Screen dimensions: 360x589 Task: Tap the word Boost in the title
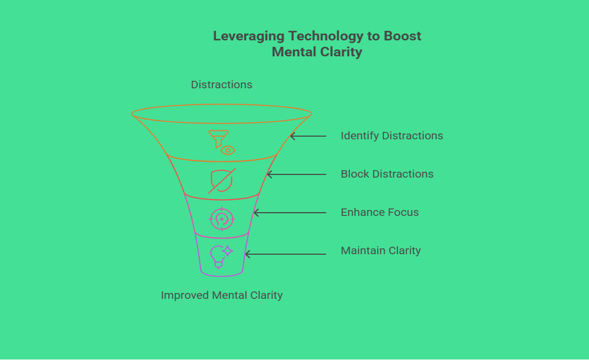[x=402, y=36]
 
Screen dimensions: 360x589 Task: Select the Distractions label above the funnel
[x=221, y=84]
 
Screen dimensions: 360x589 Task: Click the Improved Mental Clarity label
[x=221, y=295]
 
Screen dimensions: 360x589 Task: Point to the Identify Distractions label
[x=392, y=136]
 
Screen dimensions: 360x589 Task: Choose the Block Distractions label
[x=387, y=174]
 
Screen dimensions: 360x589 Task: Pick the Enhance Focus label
[x=379, y=212]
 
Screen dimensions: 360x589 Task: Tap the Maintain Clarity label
[x=380, y=251]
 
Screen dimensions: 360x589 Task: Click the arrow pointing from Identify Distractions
[x=308, y=136]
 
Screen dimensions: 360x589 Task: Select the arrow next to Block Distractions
[x=297, y=174]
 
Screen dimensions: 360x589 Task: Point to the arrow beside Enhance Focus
[x=289, y=213]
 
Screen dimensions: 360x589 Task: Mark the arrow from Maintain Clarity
[x=285, y=254]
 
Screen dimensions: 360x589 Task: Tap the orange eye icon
[x=228, y=150]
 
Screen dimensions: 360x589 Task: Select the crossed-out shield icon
[x=221, y=181]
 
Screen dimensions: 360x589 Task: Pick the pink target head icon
[x=222, y=219]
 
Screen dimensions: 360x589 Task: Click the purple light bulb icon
[x=218, y=256]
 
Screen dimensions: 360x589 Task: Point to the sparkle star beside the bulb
[x=228, y=251]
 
